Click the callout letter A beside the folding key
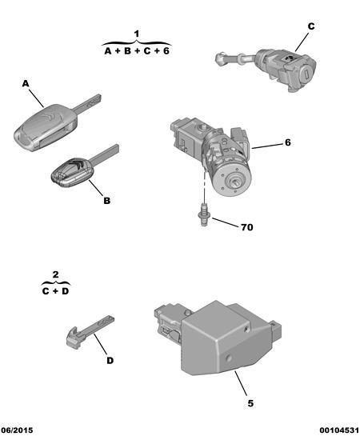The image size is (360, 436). tap(26, 83)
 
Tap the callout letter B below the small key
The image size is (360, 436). tap(106, 201)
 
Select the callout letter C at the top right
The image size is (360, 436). tap(311, 26)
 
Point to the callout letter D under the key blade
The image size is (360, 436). tap(110, 361)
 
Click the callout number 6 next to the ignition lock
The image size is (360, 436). tap(288, 142)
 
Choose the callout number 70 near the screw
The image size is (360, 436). tap(247, 227)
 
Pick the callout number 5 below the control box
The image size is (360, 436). tap(250, 403)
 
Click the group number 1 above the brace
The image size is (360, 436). tap(137, 34)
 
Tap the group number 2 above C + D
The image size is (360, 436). tap(55, 274)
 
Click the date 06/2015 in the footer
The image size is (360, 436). tap(17, 430)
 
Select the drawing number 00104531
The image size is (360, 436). tap(339, 430)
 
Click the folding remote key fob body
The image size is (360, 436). tap(46, 127)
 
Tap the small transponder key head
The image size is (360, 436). tap(73, 172)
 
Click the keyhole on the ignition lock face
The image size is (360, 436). tap(234, 182)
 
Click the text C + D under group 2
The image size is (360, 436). tap(55, 291)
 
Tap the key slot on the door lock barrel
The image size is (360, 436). tap(306, 74)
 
